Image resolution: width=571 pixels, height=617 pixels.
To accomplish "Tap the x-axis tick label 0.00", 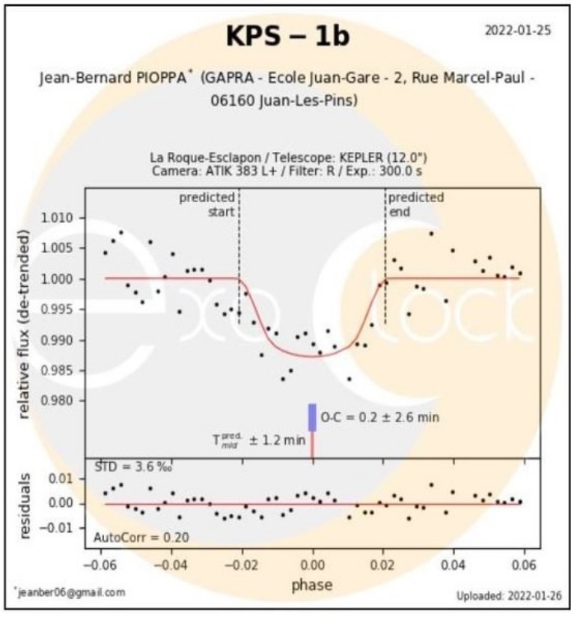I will point(313,565).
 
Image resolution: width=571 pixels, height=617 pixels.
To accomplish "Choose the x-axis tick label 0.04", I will point(454,565).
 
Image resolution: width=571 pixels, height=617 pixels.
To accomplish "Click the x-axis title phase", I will point(312,584).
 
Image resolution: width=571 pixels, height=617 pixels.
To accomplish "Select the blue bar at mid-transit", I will point(313,417).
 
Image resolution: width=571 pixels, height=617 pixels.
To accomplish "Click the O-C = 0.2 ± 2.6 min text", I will point(379,417).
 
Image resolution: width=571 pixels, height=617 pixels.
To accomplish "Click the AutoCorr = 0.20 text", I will point(141,536).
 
